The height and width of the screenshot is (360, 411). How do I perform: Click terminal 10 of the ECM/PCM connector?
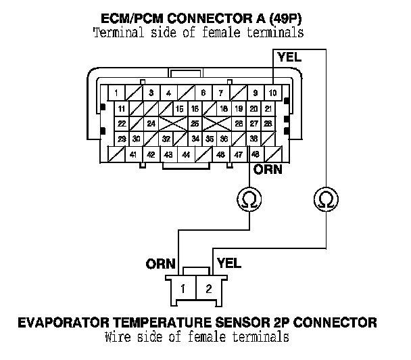[272, 92]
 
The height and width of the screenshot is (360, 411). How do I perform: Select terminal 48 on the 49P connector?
[255, 155]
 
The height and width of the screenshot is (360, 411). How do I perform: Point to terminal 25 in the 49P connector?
[195, 124]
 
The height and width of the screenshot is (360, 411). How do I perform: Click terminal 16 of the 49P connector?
[195, 108]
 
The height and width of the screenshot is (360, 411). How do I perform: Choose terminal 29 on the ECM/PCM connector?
[121, 139]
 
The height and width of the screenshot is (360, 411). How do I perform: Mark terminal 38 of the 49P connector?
[253, 139]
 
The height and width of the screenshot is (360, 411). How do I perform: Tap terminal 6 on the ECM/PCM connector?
[203, 92]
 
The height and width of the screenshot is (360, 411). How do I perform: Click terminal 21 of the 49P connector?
[268, 108]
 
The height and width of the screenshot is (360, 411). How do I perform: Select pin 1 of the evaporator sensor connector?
[183, 289]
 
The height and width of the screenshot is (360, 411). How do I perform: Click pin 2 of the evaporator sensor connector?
[208, 289]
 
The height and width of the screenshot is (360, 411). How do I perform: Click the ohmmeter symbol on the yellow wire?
[326, 200]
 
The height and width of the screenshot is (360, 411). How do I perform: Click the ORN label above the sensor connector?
[161, 263]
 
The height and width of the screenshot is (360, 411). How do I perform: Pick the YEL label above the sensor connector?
[226, 261]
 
